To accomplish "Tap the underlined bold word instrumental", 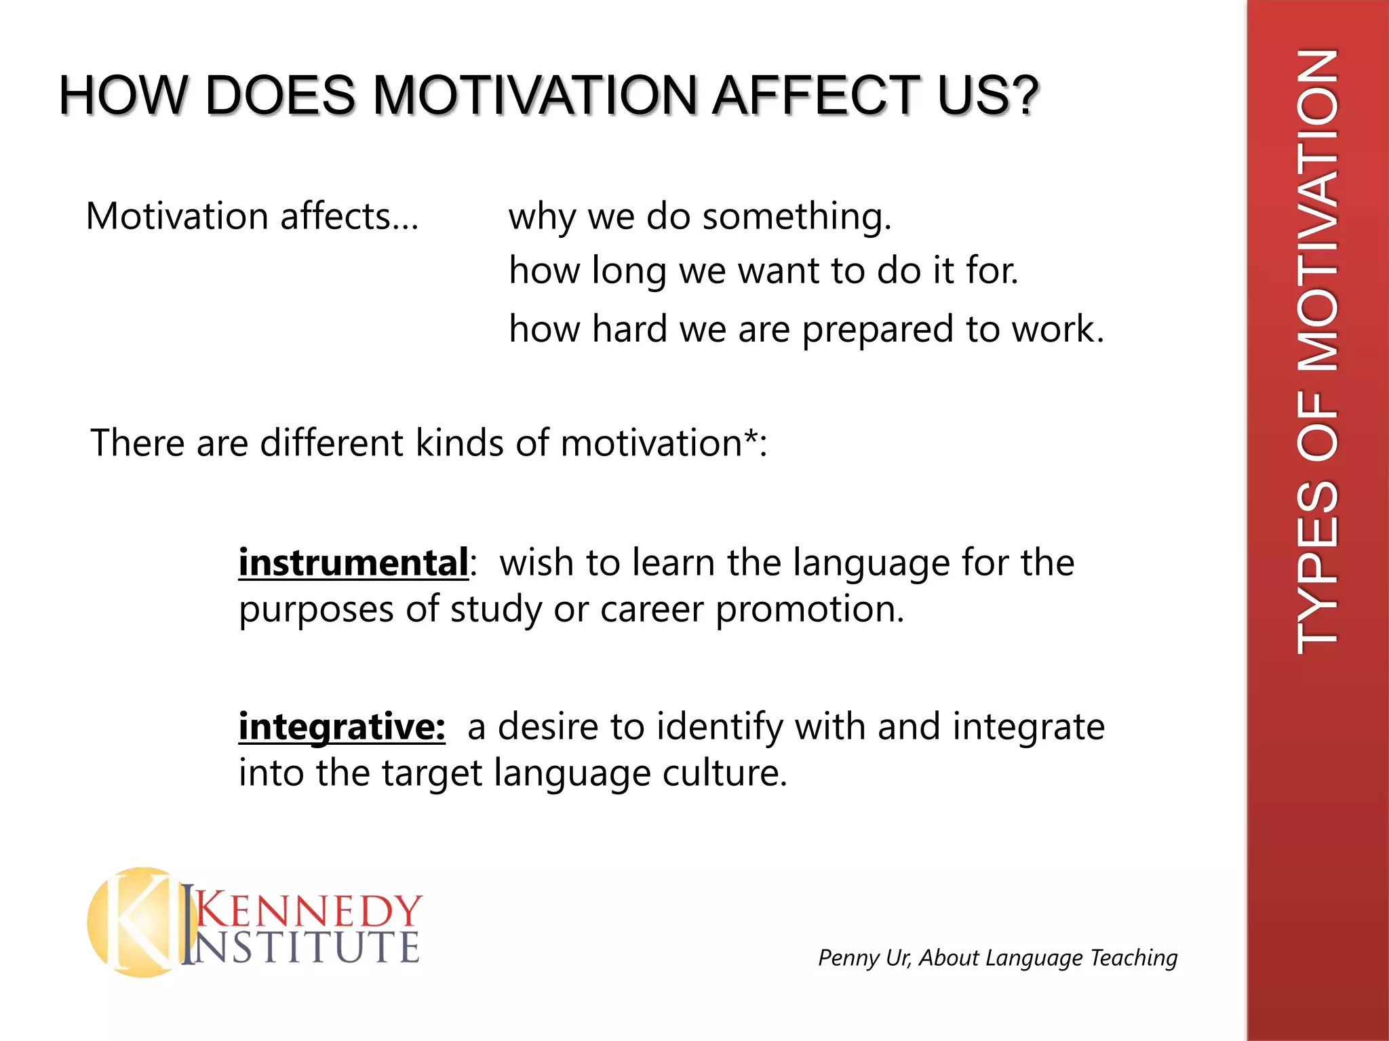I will (353, 563).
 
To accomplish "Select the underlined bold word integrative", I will (341, 727).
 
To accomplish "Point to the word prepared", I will (879, 330).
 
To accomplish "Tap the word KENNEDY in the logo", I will (309, 910).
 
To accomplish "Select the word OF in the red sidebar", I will (1317, 427).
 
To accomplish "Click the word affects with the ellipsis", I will (349, 217).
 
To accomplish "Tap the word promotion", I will (810, 609).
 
